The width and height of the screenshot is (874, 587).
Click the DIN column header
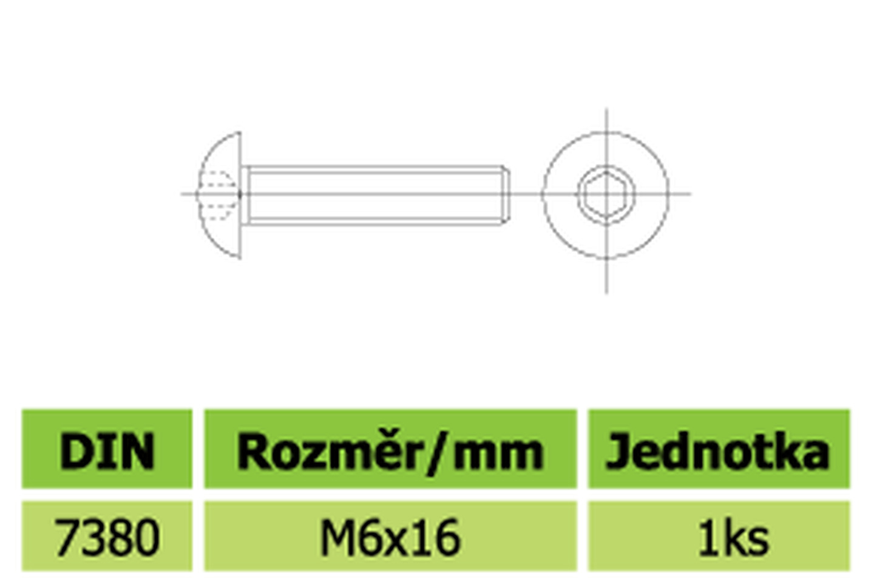tap(107, 449)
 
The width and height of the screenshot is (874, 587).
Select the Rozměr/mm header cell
tap(391, 449)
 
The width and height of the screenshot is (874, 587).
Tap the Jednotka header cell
tap(719, 449)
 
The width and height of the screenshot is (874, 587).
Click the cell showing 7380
tap(107, 536)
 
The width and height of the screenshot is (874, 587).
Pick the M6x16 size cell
tap(391, 536)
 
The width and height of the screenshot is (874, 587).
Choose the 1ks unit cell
tap(719, 536)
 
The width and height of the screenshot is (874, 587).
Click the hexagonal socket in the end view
tap(606, 194)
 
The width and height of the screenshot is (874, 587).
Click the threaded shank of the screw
tap(374, 195)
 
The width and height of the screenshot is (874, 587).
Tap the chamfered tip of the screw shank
tap(505, 195)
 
